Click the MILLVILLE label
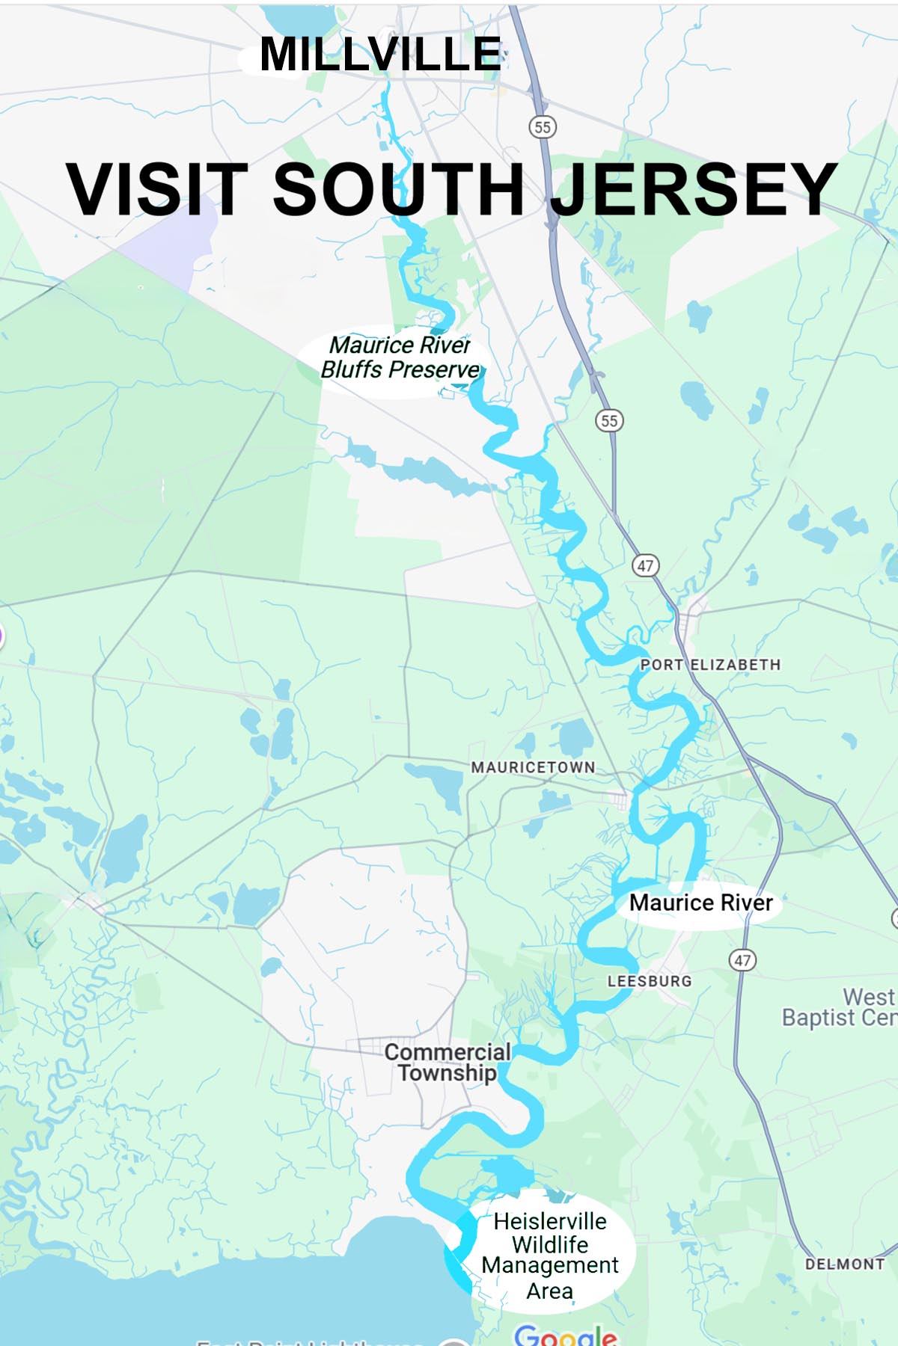coord(380,55)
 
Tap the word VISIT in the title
coord(156,189)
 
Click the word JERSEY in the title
coord(694,189)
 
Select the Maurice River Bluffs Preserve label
coord(400,357)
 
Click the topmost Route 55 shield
coord(543,127)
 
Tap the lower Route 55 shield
coord(609,421)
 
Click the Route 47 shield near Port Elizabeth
coord(645,566)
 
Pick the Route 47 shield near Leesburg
coord(742,960)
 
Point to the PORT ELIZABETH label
coord(710,665)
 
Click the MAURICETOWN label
coord(533,767)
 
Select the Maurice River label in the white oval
coord(700,903)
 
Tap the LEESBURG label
coord(650,981)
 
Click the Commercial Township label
coord(448,1062)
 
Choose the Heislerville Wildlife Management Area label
coord(550,1256)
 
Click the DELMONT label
coord(845,1264)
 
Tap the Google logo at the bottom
coord(566,1336)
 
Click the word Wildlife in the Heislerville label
coord(550,1244)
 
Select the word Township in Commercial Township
coord(448,1073)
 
